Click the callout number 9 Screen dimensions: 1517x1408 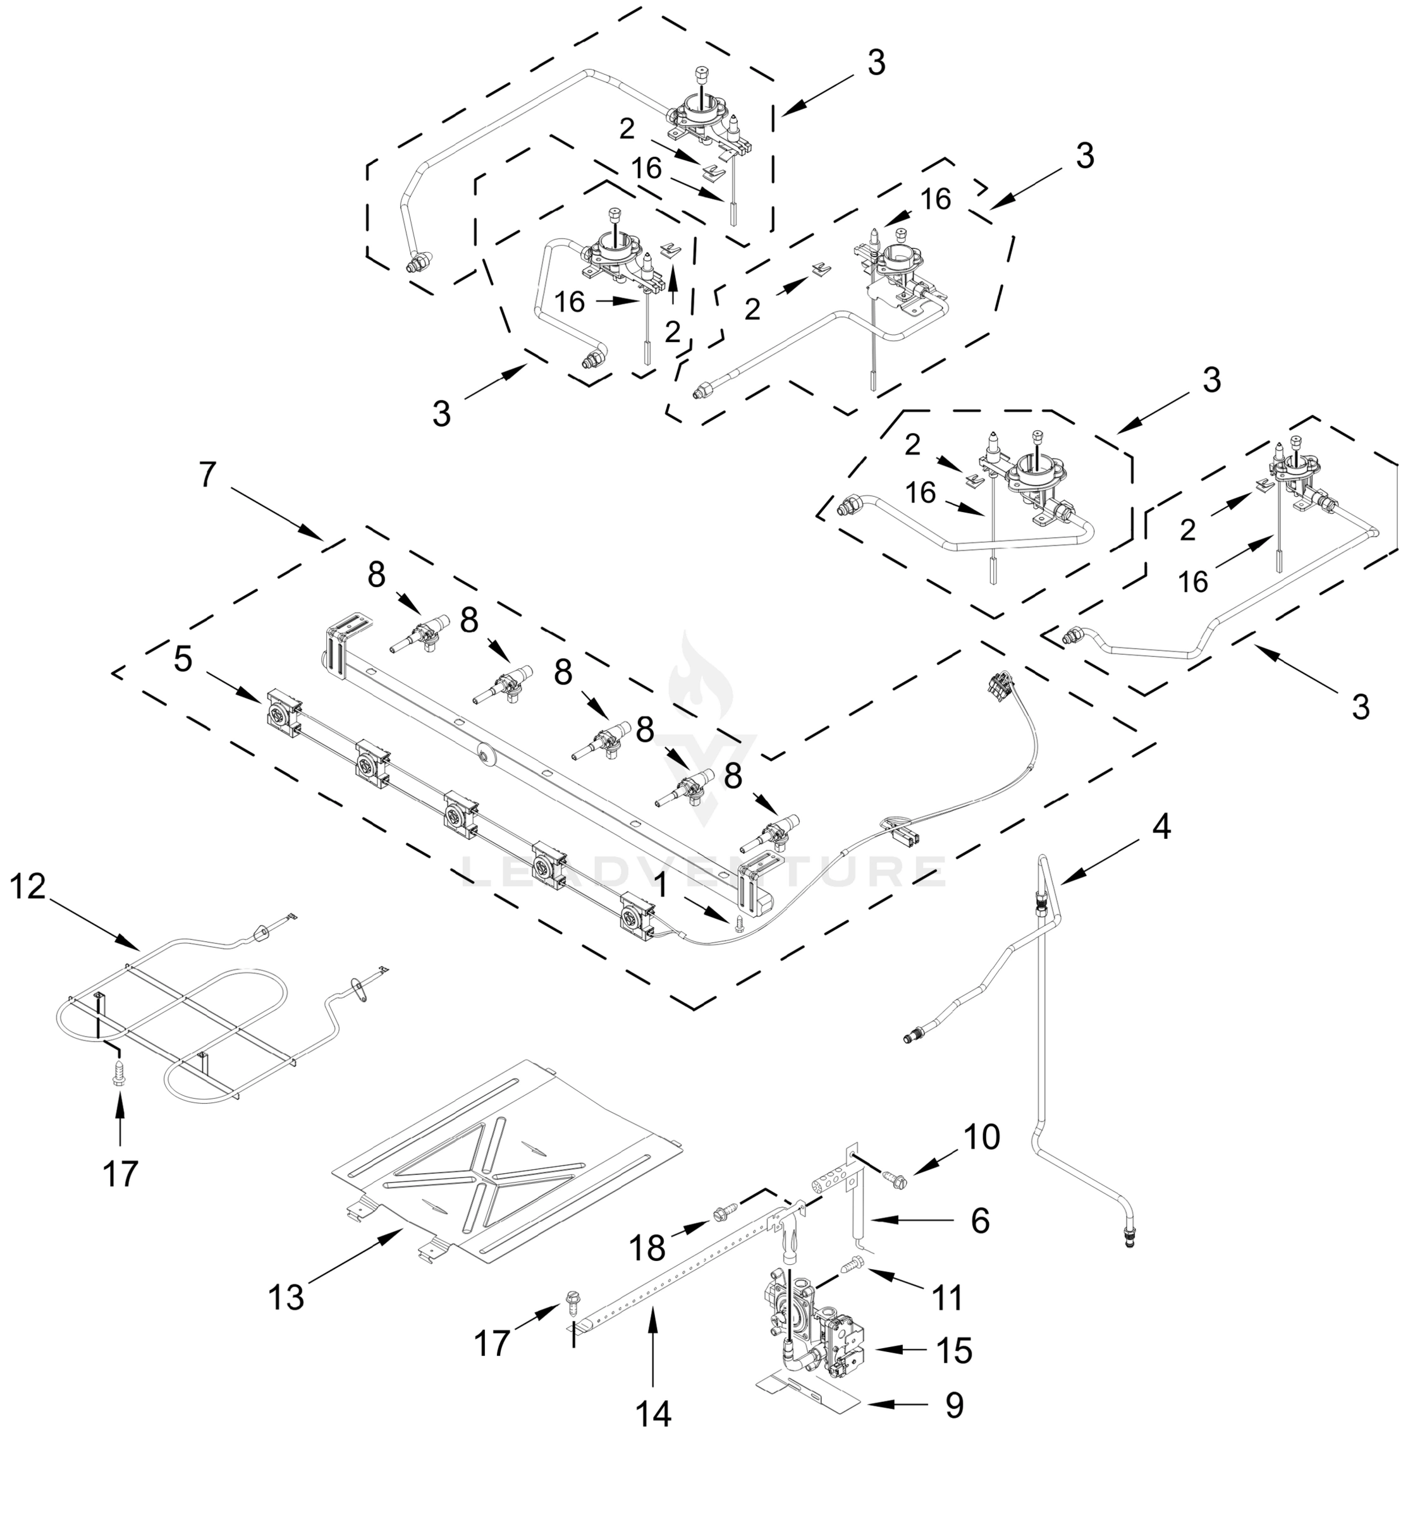[955, 1406]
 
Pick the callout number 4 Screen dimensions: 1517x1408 [1160, 826]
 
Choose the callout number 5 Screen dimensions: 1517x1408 [183, 659]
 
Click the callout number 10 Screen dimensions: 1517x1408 [981, 1138]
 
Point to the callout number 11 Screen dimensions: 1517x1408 [948, 1298]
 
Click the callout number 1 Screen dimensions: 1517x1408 [661, 886]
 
